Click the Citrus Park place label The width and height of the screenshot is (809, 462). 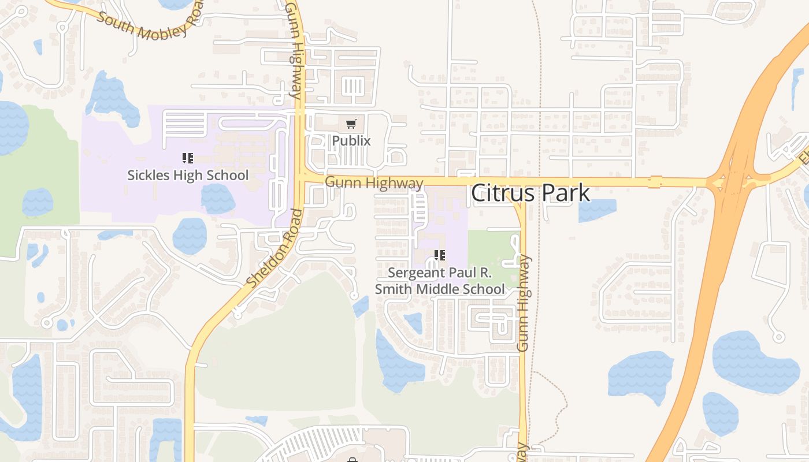[530, 193]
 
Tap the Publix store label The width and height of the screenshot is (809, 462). [351, 141]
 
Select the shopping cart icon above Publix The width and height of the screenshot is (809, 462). [351, 124]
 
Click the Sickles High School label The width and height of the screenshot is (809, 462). [188, 176]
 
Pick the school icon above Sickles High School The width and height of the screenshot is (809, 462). [187, 158]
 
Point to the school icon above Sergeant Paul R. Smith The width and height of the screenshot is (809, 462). [440, 255]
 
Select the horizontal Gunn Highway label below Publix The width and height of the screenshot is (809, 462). [374, 183]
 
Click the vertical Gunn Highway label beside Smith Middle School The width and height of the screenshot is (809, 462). [524, 303]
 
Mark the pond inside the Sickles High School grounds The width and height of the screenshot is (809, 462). [218, 199]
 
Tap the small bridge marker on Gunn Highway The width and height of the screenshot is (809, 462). [655, 182]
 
